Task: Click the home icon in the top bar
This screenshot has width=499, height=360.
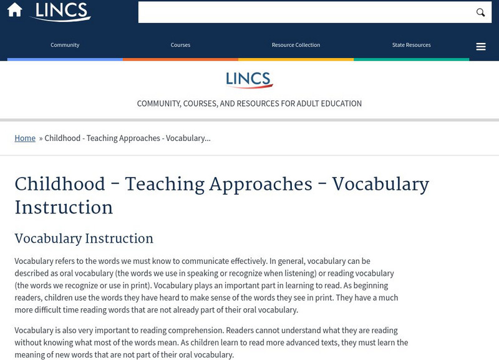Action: pyautogui.click(x=14, y=11)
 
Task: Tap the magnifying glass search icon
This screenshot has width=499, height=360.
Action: pyautogui.click(x=480, y=12)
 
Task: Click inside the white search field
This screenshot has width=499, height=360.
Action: pyautogui.click(x=306, y=12)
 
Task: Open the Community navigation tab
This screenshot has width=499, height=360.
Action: pyautogui.click(x=65, y=45)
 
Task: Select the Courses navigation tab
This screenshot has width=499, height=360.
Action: pyautogui.click(x=180, y=45)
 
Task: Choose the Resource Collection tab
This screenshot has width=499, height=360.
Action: pyautogui.click(x=296, y=45)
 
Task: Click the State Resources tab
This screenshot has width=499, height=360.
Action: pyautogui.click(x=411, y=45)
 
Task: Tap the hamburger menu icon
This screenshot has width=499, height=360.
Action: pyautogui.click(x=481, y=47)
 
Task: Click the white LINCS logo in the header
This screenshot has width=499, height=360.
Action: pyautogui.click(x=61, y=11)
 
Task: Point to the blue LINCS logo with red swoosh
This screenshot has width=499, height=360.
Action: pyautogui.click(x=249, y=80)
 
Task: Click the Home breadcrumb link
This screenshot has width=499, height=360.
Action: pyautogui.click(x=25, y=138)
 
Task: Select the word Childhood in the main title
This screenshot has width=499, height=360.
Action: pyautogui.click(x=60, y=185)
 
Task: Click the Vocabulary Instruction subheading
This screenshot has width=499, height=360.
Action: pyautogui.click(x=84, y=239)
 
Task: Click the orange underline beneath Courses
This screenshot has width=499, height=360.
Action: pyautogui.click(x=180, y=59)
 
